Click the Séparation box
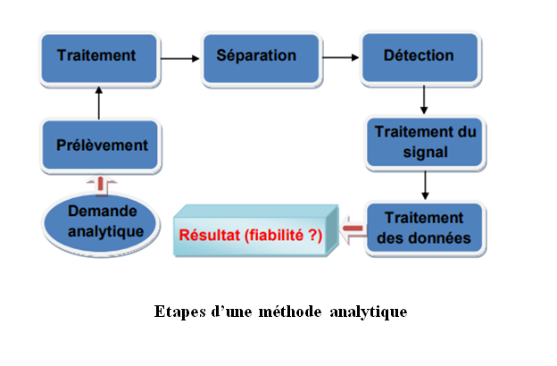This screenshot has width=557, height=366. [262, 59]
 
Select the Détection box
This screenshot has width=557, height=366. [420, 58]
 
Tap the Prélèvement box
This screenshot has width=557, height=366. [100, 145]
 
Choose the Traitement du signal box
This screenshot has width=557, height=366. [425, 142]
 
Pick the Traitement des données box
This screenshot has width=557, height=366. [425, 229]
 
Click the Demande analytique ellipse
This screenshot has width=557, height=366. [101, 223]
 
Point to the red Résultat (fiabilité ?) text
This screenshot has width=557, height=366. [251, 236]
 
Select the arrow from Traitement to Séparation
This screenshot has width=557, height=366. [180, 58]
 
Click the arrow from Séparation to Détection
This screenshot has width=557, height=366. [341, 57]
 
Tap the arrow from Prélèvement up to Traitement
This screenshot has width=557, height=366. [99, 103]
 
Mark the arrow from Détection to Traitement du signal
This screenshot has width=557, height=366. [424, 99]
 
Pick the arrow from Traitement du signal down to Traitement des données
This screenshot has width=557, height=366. [425, 185]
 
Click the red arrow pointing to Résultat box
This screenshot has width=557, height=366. [353, 229]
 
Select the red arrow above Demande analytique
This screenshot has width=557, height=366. [101, 185]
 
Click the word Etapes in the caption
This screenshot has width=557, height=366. [180, 312]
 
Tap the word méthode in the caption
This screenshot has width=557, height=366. [290, 312]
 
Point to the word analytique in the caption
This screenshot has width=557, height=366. [369, 312]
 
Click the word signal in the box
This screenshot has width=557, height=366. [425, 153]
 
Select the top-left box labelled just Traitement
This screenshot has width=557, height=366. [99, 59]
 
